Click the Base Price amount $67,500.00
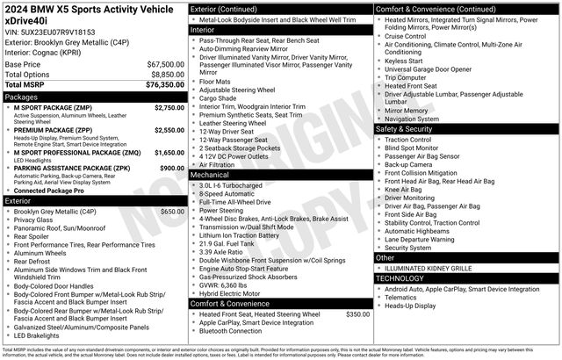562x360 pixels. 165,65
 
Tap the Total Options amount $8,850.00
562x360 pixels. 167,75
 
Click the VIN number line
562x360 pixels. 49,31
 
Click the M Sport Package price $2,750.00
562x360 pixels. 169,107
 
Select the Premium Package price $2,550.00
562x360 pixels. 169,129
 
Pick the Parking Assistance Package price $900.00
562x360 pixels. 172,167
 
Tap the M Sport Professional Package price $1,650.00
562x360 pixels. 169,152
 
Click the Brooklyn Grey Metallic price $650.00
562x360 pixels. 172,212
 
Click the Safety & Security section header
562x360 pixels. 405,129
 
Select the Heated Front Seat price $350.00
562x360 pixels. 357,313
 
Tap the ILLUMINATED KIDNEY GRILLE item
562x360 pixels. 430,268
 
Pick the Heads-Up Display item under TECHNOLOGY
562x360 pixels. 410,306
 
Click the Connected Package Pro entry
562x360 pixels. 48,191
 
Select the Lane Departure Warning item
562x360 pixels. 420,239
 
